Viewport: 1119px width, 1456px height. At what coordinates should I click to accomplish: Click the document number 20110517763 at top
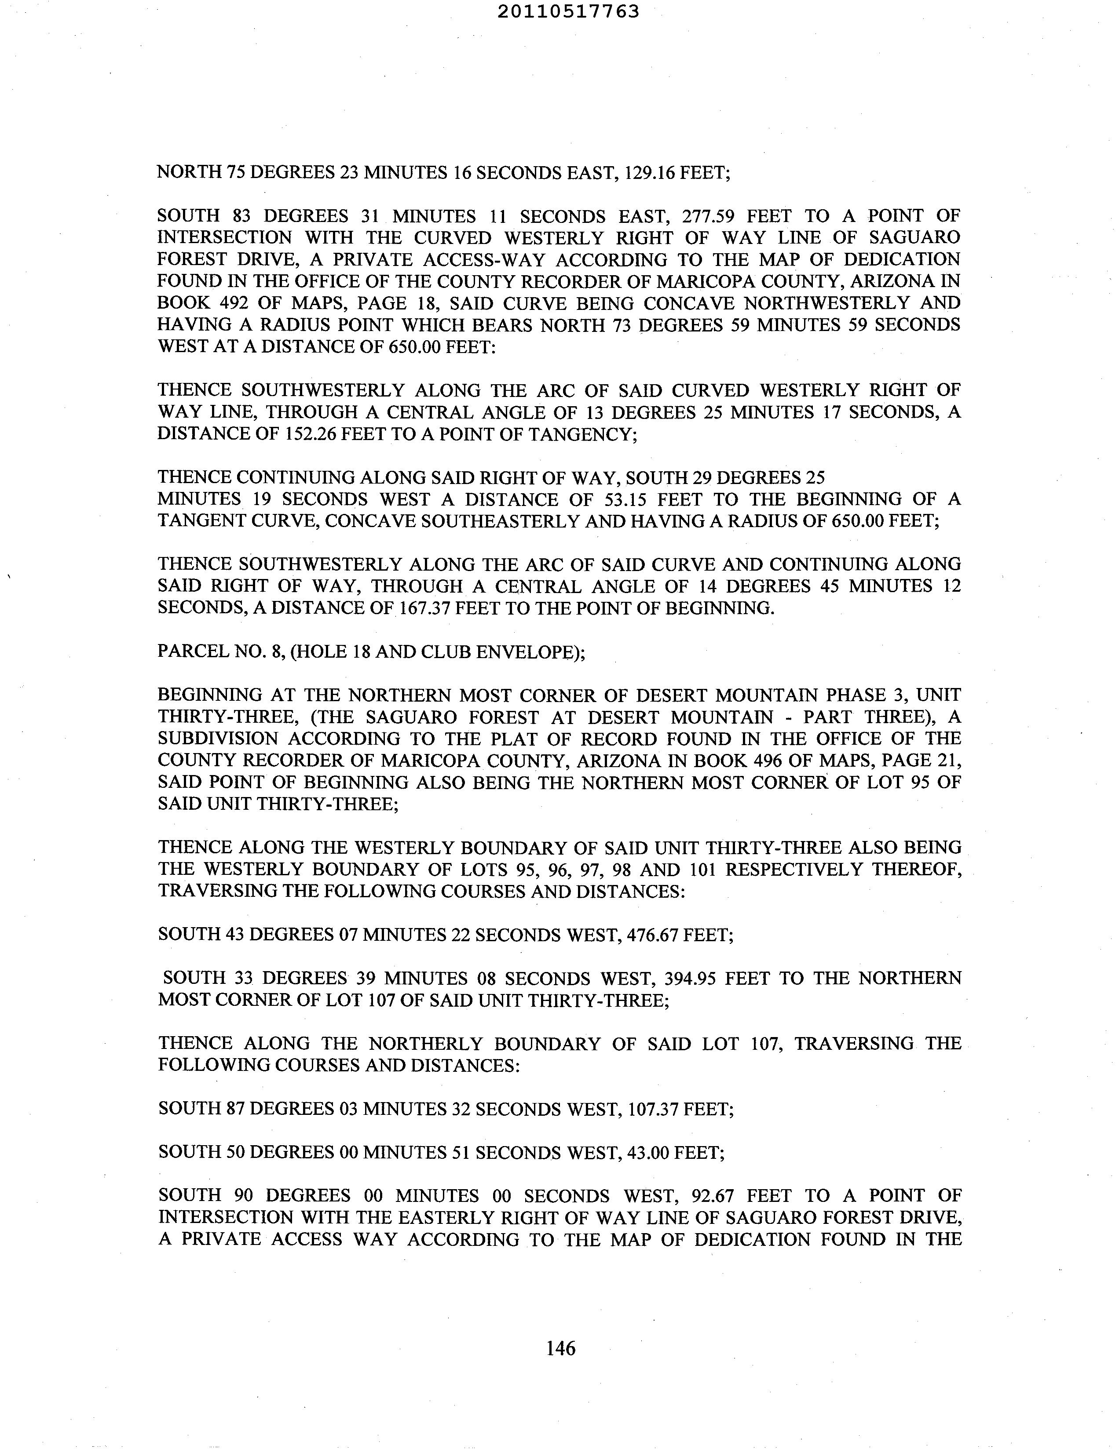pyautogui.click(x=568, y=11)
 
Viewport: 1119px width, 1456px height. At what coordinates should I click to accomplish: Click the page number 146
pyautogui.click(x=560, y=1348)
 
